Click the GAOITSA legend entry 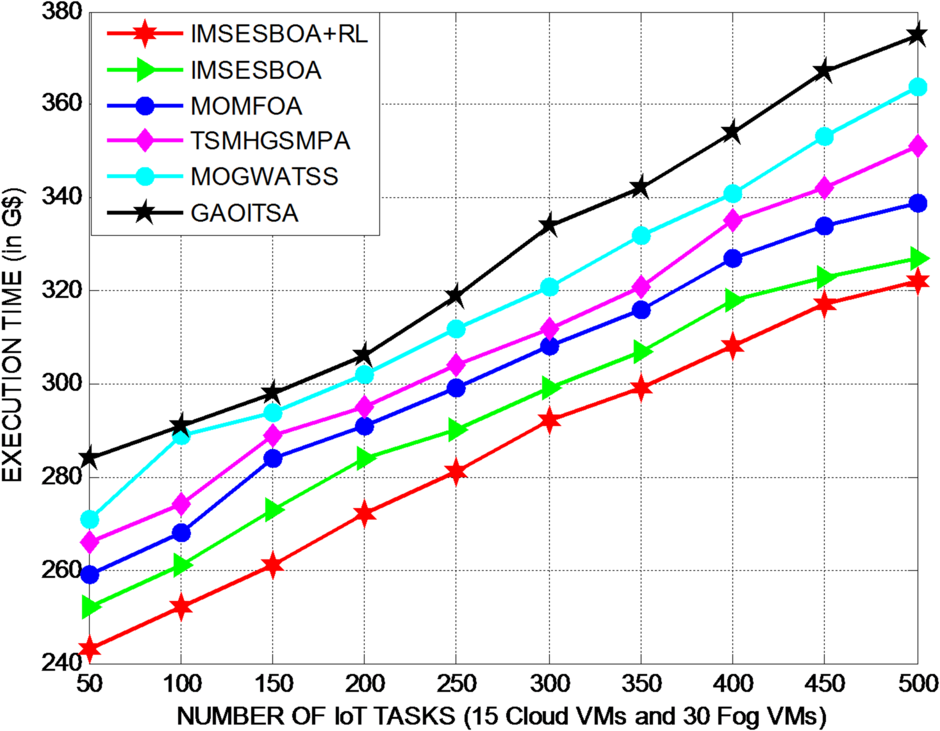coord(244,213)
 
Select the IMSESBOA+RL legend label coord(279,34)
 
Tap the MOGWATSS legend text coord(264,176)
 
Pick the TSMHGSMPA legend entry coord(270,141)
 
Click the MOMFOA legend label coord(246,106)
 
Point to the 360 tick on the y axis coord(62,103)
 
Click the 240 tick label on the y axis coord(62,662)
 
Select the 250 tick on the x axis coord(456,684)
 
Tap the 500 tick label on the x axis coord(918,684)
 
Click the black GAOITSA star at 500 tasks coord(918,35)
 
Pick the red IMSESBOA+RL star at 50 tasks coord(89,648)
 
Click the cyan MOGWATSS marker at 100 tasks coord(181,436)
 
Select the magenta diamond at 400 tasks coord(732,220)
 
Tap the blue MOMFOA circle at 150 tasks coord(273,459)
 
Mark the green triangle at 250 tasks coord(456,429)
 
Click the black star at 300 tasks coord(549,226)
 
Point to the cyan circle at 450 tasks coord(824,136)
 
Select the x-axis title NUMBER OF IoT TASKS coord(501,716)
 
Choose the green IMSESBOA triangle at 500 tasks coord(918,259)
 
